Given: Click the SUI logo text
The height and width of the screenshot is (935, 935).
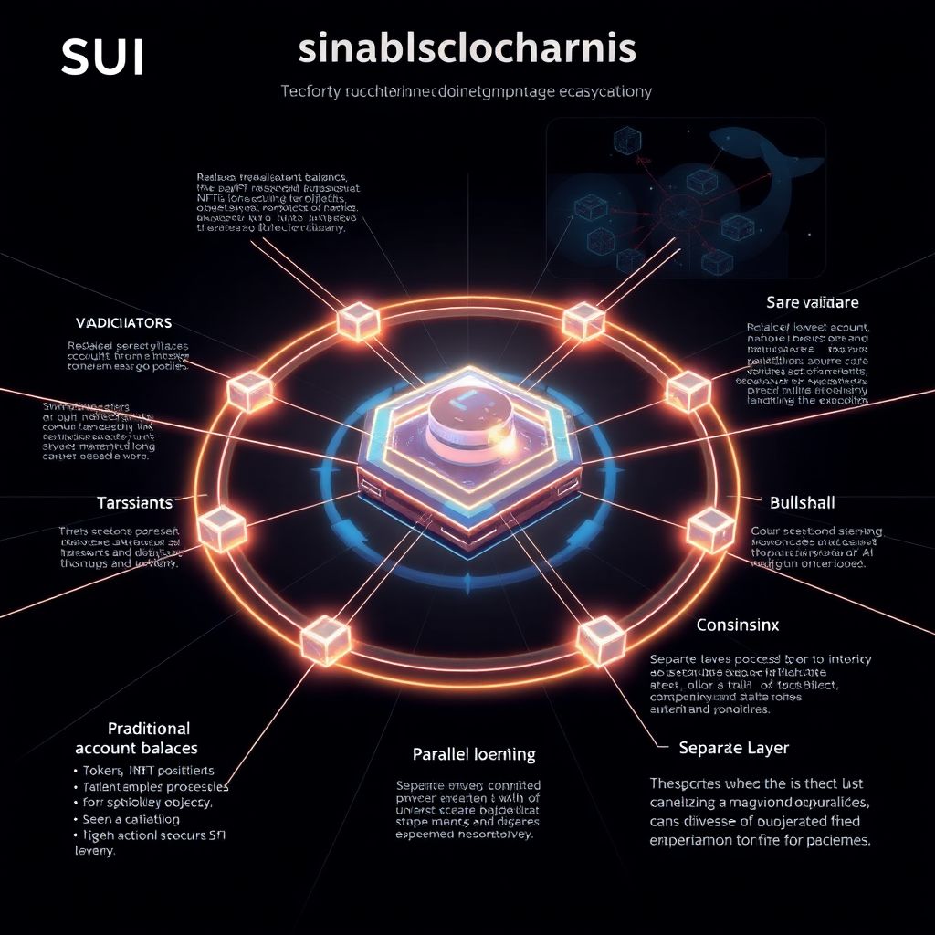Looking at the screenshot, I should pos(102,57).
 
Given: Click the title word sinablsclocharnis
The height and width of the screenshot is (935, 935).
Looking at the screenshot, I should pos(467,49).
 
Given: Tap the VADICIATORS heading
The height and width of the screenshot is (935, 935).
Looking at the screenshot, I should pos(122,323).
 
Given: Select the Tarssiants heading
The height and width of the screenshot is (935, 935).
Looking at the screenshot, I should pos(134,503).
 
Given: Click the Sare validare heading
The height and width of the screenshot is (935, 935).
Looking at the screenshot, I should pos(813,301).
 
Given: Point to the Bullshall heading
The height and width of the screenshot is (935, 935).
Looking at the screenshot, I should pos(803,502).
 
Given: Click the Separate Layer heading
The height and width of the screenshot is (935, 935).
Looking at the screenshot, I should pos(734,748).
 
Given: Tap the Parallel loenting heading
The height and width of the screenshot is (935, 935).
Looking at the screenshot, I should pos(474,755).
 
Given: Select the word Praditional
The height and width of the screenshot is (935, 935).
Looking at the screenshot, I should pos(149,729).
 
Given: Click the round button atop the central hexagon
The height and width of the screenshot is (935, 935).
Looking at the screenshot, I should pos(460,422).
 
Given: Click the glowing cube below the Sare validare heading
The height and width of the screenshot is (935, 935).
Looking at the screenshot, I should pos(688,391).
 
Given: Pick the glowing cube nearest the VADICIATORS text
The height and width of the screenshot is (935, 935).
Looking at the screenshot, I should pos(248,392).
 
